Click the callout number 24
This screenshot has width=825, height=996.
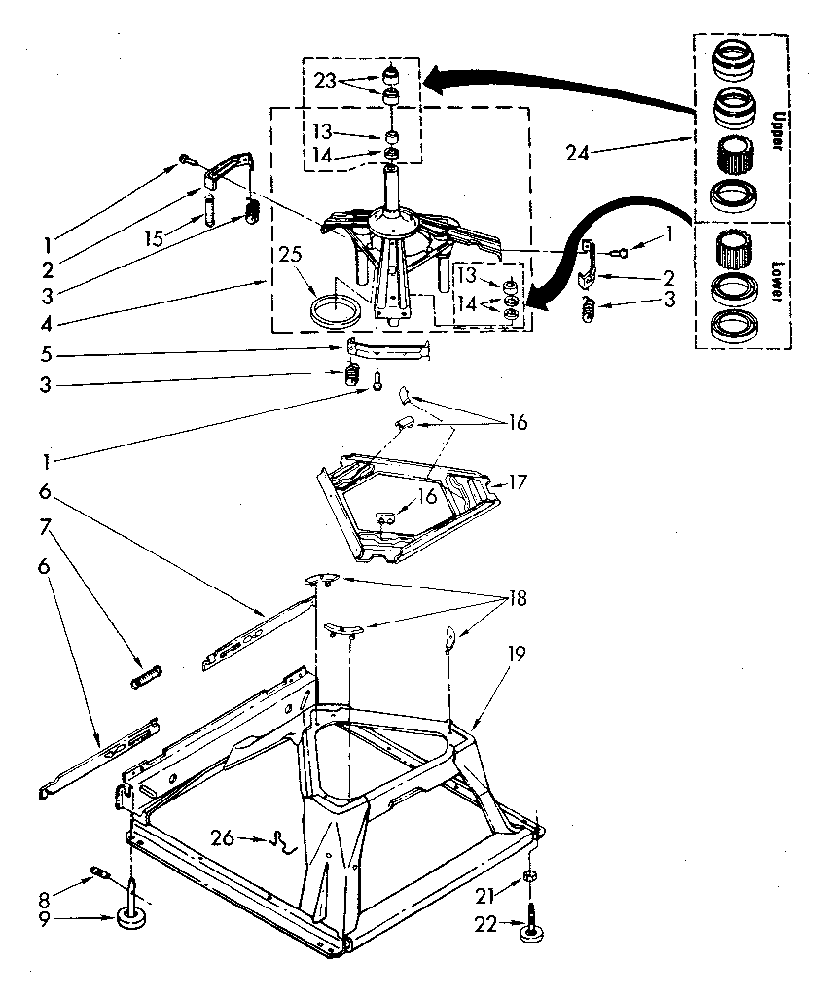tap(578, 152)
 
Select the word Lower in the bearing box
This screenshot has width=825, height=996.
tap(777, 281)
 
